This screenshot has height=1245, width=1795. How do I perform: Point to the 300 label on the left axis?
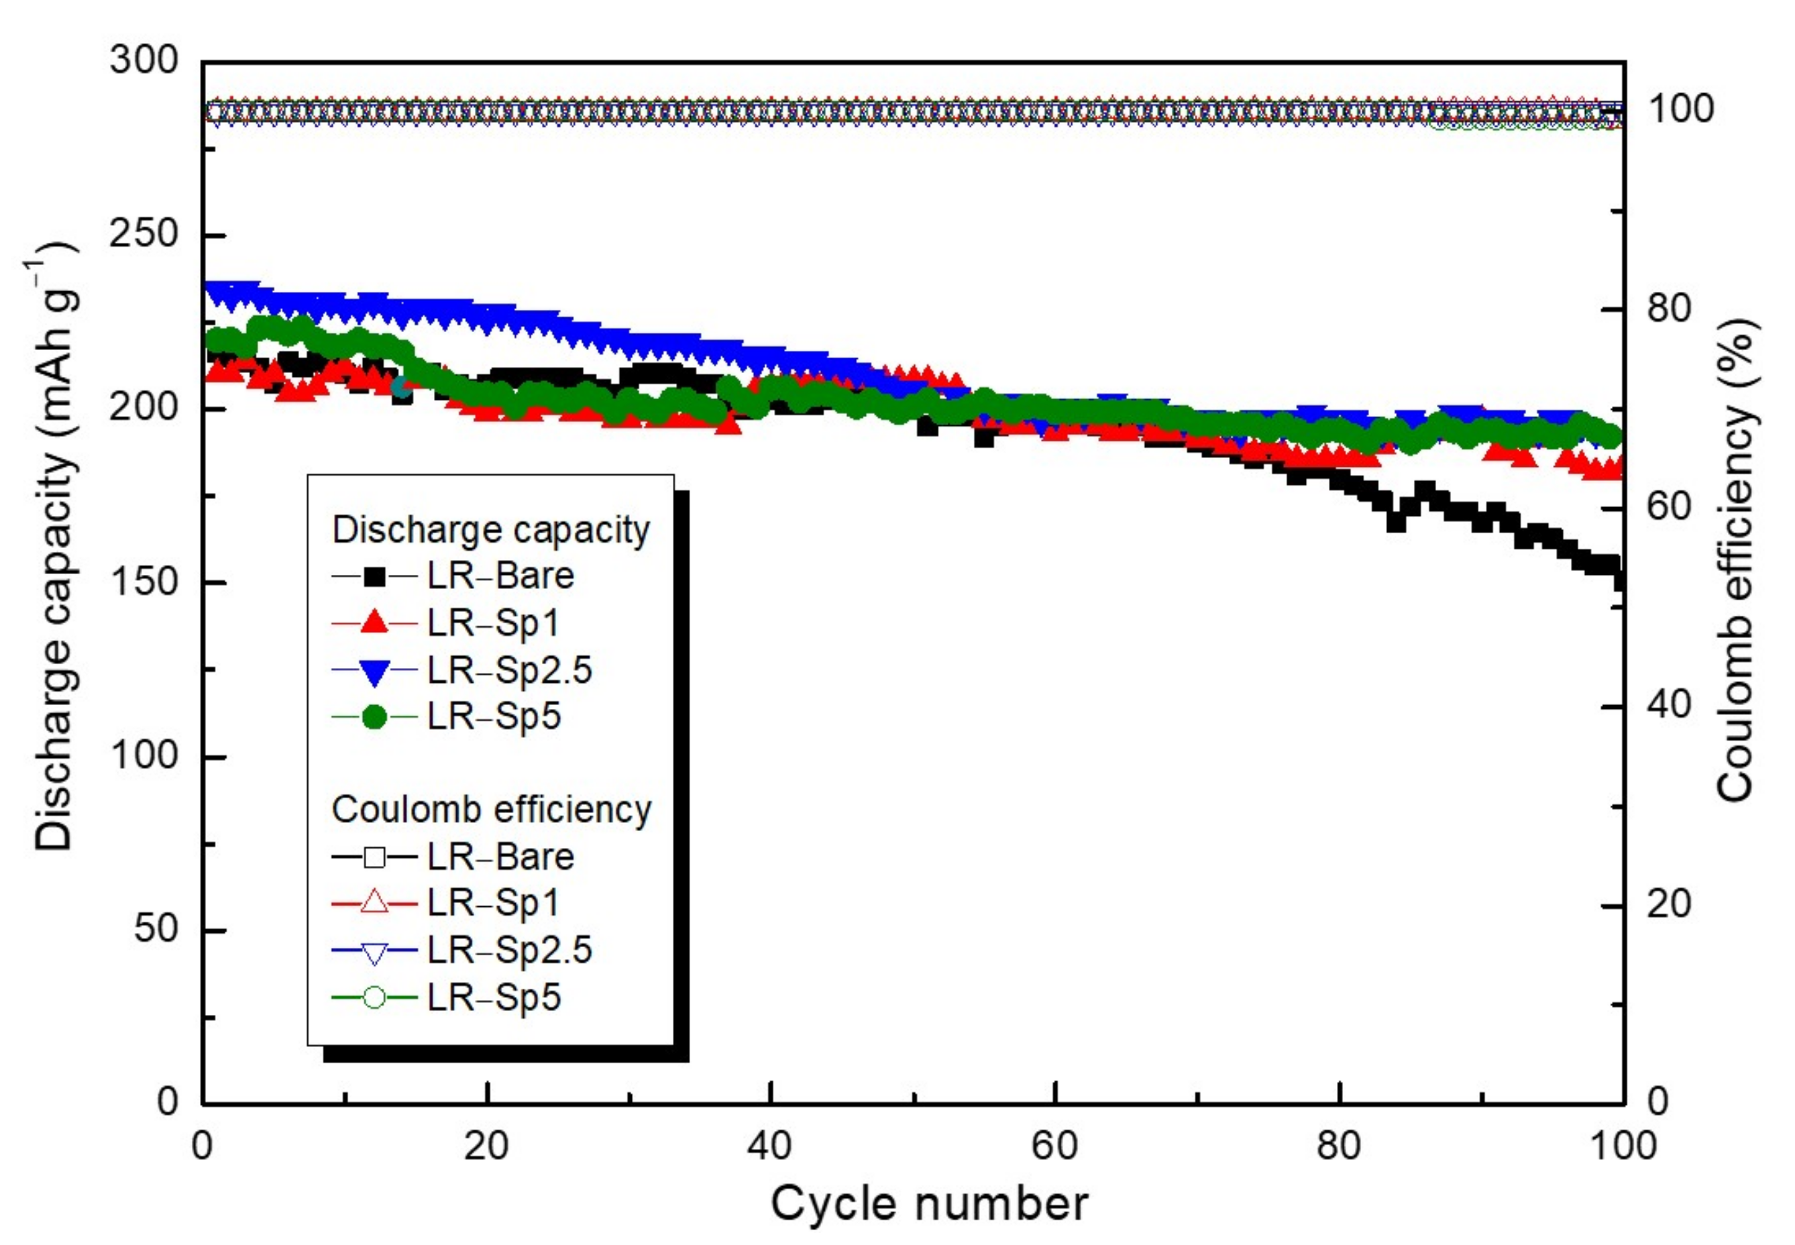tap(144, 60)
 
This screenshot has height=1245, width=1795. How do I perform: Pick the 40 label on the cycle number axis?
tap(770, 1146)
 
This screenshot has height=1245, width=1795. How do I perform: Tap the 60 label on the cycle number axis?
tap(1054, 1146)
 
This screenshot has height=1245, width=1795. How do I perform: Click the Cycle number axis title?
tap(929, 1203)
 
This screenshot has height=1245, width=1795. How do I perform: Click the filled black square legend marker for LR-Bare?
tap(374, 576)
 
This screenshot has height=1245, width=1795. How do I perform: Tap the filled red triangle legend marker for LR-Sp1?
tap(374, 622)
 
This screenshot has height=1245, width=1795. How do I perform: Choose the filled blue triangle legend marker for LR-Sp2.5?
tap(374, 671)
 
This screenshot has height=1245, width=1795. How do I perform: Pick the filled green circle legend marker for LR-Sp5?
tap(374, 717)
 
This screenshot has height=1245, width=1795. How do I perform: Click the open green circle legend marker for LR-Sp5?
tap(374, 997)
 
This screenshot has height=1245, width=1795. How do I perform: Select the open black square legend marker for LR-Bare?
tap(374, 857)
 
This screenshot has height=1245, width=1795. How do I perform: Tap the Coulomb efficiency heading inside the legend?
tap(492, 810)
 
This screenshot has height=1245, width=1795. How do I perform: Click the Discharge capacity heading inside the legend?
tap(492, 530)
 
